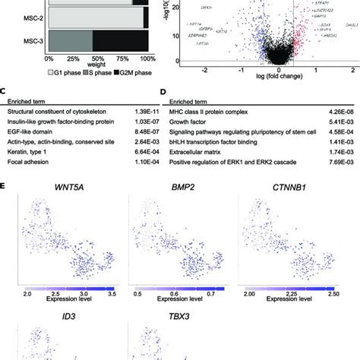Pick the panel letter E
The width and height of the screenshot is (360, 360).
point(6,185)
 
